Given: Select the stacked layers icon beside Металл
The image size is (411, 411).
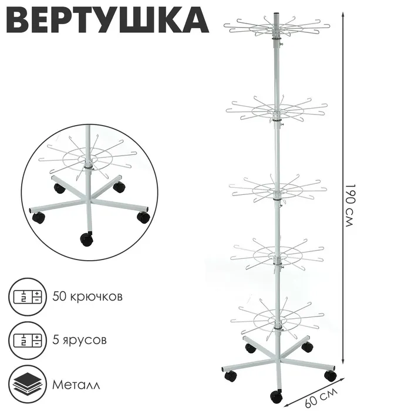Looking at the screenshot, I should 27,383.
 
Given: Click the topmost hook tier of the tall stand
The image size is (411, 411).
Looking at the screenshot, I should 277,26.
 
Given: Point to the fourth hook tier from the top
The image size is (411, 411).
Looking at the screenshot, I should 277,253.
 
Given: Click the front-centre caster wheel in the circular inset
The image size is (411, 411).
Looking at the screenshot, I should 86,240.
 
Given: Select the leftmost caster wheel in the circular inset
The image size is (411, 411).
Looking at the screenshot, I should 38,218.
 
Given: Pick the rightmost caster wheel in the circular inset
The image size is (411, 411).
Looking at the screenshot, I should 143,217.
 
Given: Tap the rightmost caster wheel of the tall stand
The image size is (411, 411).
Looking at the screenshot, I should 330,375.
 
